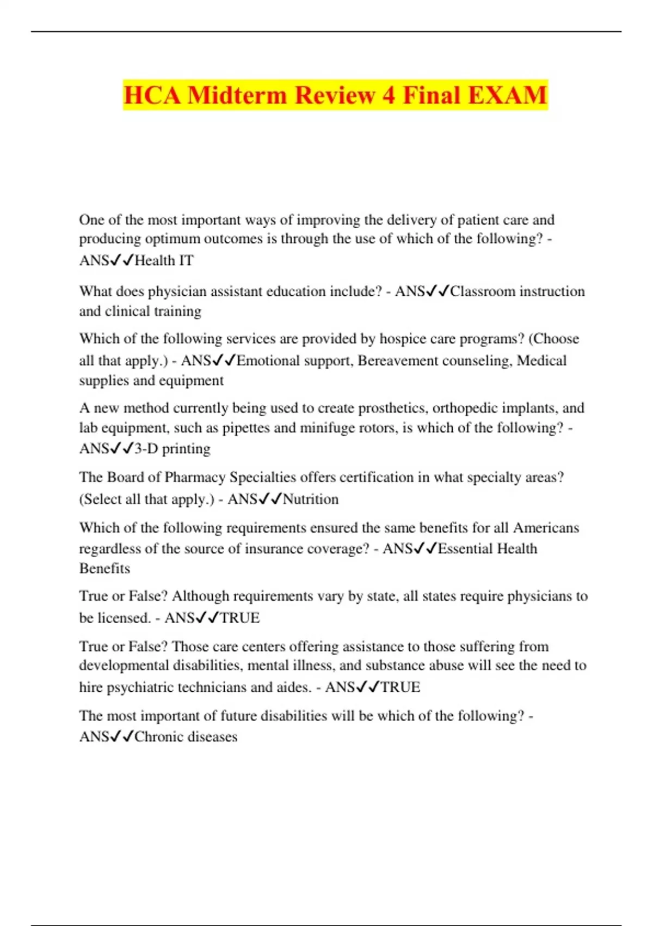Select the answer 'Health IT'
coord(164,260)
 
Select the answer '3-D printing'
coord(172,449)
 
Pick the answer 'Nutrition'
coord(311,499)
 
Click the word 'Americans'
coord(546,528)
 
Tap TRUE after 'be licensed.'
coord(239,618)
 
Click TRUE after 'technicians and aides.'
coord(400,687)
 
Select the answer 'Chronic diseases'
coord(186,736)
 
